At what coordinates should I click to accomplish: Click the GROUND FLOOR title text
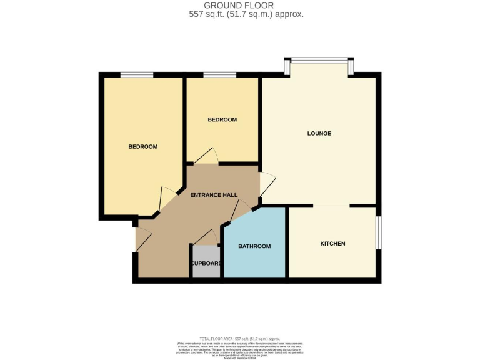pos(239,6)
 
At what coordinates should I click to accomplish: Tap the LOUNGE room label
pos(319,133)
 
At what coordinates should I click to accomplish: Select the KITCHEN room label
pos(332,243)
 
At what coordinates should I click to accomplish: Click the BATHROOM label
pos(254,246)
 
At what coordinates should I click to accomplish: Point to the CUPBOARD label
pos(207,263)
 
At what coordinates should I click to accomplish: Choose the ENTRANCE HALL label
pos(214,195)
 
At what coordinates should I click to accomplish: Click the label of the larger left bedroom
pos(142,146)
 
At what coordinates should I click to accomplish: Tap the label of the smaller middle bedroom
pos(222,119)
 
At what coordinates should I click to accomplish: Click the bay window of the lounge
pos(319,61)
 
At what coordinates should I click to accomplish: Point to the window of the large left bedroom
pos(137,74)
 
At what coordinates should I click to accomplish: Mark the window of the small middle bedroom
pos(219,74)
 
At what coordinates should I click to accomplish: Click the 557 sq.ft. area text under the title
pos(246,14)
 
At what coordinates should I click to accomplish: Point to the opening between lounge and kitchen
pos(331,206)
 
